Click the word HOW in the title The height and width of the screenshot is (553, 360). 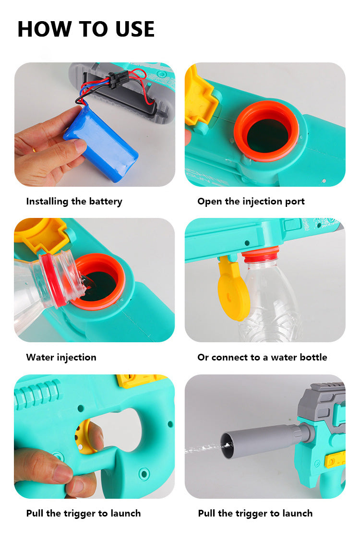45,29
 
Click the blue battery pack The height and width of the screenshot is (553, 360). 100,144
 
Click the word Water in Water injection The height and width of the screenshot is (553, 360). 40,357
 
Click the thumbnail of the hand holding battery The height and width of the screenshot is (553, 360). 95,124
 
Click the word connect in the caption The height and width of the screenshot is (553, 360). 229,357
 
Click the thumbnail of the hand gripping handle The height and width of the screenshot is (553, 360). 95,437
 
